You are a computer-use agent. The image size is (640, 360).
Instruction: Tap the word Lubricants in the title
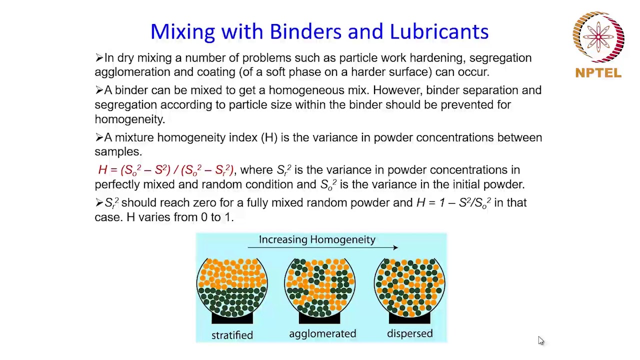coord(439,31)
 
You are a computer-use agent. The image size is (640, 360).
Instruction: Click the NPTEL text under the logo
coord(598,73)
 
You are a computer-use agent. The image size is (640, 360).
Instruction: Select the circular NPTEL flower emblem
coord(598,37)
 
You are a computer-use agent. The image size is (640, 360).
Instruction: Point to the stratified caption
coord(232,335)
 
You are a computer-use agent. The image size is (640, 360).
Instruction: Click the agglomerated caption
coord(322,333)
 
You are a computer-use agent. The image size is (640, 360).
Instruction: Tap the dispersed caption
coord(409,333)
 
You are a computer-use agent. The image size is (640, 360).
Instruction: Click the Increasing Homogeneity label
coord(317,239)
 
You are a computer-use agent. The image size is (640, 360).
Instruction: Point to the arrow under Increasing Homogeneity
coord(323,247)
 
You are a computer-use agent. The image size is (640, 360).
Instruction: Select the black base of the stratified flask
coord(232,318)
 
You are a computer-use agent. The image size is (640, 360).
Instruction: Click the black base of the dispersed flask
coord(409,318)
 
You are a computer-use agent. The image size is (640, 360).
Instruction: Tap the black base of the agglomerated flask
coord(319,318)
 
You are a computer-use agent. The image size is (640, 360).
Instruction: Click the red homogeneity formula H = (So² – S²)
coord(165,170)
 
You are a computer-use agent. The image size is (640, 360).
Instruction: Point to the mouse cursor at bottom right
coord(540,340)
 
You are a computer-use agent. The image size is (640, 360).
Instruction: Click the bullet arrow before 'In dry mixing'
coord(99,58)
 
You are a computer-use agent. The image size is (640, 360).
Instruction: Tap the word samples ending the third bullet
coord(117,152)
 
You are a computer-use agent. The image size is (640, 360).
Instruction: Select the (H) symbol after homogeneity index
coord(269,137)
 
